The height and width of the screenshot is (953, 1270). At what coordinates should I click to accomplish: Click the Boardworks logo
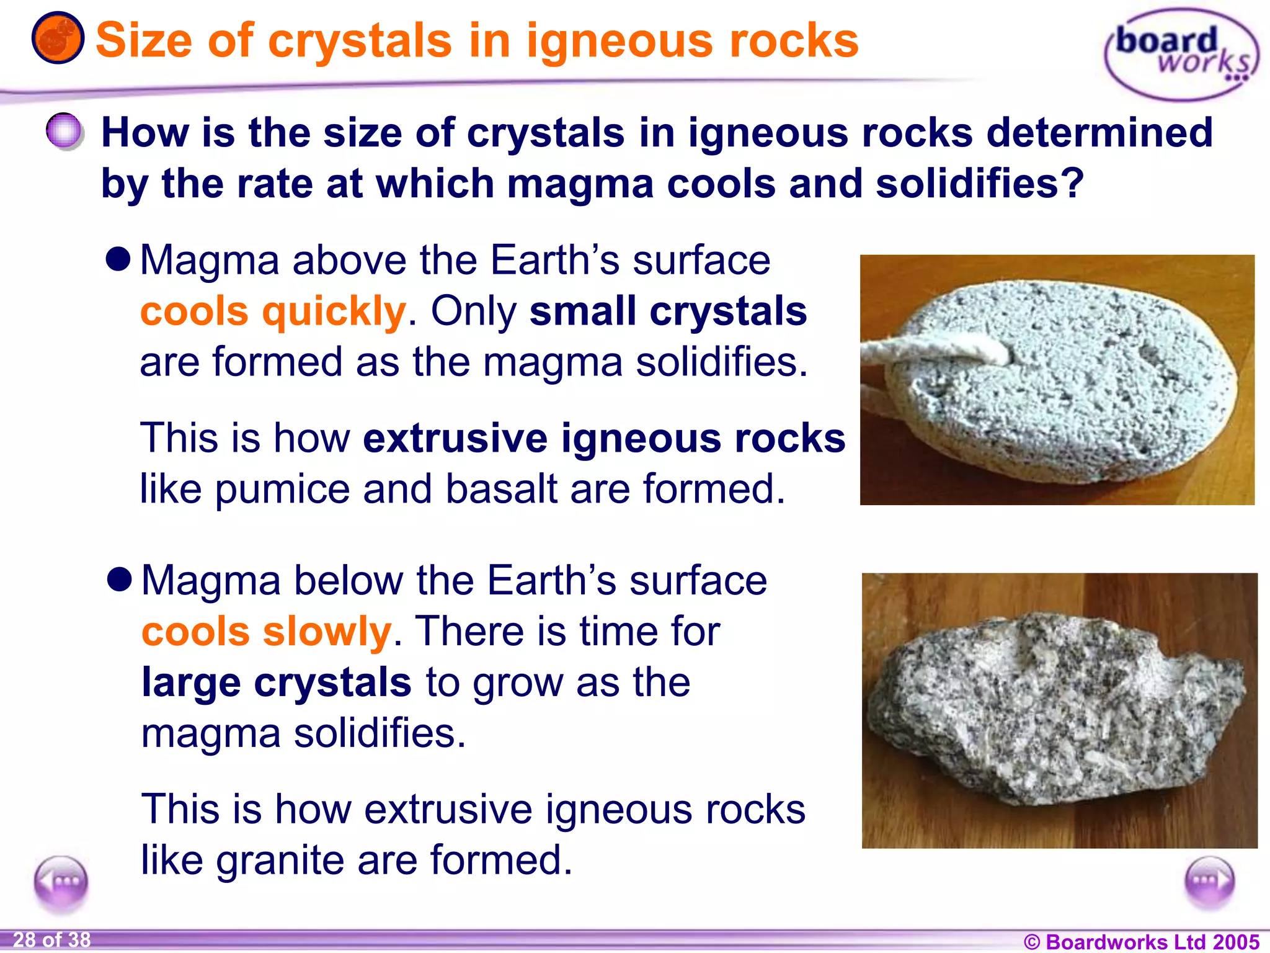coord(1181,55)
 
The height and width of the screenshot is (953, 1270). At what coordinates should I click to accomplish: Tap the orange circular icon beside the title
coord(58,38)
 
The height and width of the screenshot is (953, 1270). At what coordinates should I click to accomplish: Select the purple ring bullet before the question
coord(64,131)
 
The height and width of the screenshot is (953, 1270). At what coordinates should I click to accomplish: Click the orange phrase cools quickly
coord(273,311)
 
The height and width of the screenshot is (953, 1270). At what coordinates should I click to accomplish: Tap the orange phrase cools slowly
coord(267,632)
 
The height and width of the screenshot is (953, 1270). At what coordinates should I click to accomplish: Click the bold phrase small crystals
coord(668,311)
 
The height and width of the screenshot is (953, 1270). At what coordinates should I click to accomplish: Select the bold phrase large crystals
coord(276,682)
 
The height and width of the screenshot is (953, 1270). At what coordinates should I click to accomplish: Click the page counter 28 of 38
coord(52,939)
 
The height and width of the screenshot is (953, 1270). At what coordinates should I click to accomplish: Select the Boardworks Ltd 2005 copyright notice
coord(1141,941)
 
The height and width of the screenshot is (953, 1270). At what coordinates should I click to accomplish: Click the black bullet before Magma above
coord(118,259)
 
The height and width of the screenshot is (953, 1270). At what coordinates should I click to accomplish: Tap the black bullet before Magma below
coord(119,580)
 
